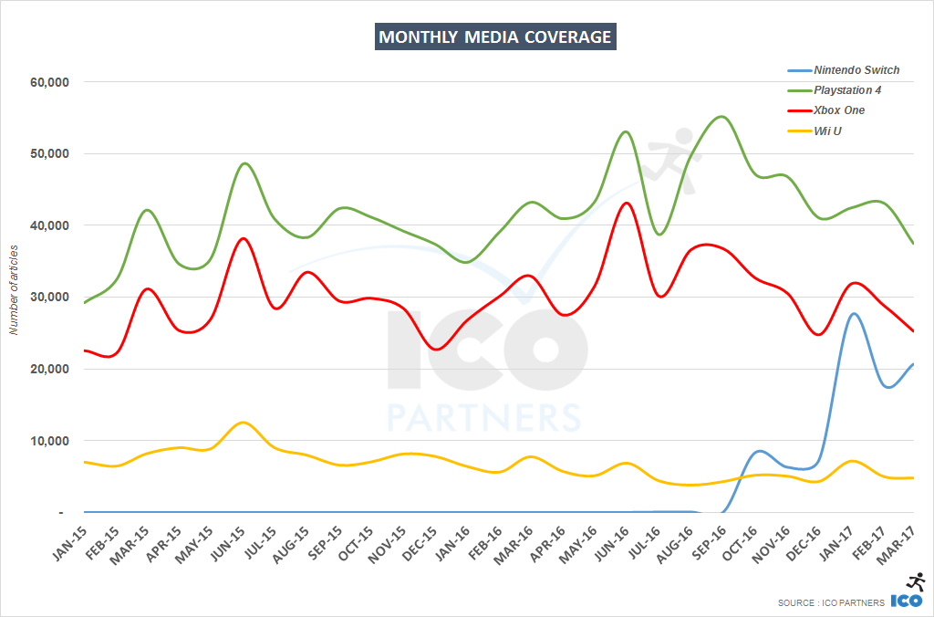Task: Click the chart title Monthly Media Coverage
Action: tap(495, 37)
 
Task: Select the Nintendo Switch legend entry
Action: tap(856, 70)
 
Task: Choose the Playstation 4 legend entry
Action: tap(847, 90)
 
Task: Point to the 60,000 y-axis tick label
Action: tap(51, 82)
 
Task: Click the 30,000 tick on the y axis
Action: tap(51, 298)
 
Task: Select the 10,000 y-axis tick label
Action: tap(51, 441)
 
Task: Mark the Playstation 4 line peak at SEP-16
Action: tap(721, 117)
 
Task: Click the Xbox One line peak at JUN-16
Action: tap(626, 203)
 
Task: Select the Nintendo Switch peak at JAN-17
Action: tap(854, 314)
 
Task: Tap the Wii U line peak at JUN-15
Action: tap(242, 423)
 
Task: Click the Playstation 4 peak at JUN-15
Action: tap(244, 163)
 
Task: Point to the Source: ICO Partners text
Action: tap(830, 602)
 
